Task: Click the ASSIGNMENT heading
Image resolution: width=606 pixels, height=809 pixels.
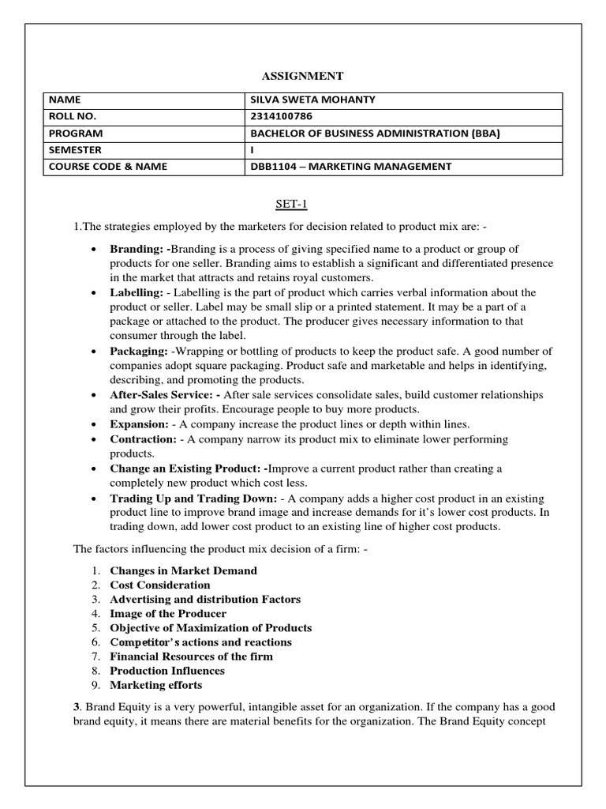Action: point(302,76)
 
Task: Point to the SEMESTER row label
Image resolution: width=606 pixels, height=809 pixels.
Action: point(75,150)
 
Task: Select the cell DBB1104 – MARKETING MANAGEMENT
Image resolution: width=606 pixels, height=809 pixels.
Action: point(350,167)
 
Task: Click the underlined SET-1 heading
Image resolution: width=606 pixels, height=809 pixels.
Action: point(302,205)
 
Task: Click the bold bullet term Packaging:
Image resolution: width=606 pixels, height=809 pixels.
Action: point(139,351)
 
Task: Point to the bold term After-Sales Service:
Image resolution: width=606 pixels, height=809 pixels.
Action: point(166,394)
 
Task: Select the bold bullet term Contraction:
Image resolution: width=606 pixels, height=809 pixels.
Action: point(143,438)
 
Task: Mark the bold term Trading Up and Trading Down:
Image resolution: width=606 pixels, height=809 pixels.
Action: point(193,498)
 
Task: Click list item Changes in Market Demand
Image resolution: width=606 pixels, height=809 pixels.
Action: point(183,570)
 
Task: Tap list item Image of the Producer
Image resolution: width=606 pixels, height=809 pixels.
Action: point(168,613)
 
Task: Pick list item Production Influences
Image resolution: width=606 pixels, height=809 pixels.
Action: point(167,671)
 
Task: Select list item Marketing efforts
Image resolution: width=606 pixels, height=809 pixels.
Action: point(156,685)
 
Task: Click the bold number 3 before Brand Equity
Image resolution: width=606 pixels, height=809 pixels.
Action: point(77,708)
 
